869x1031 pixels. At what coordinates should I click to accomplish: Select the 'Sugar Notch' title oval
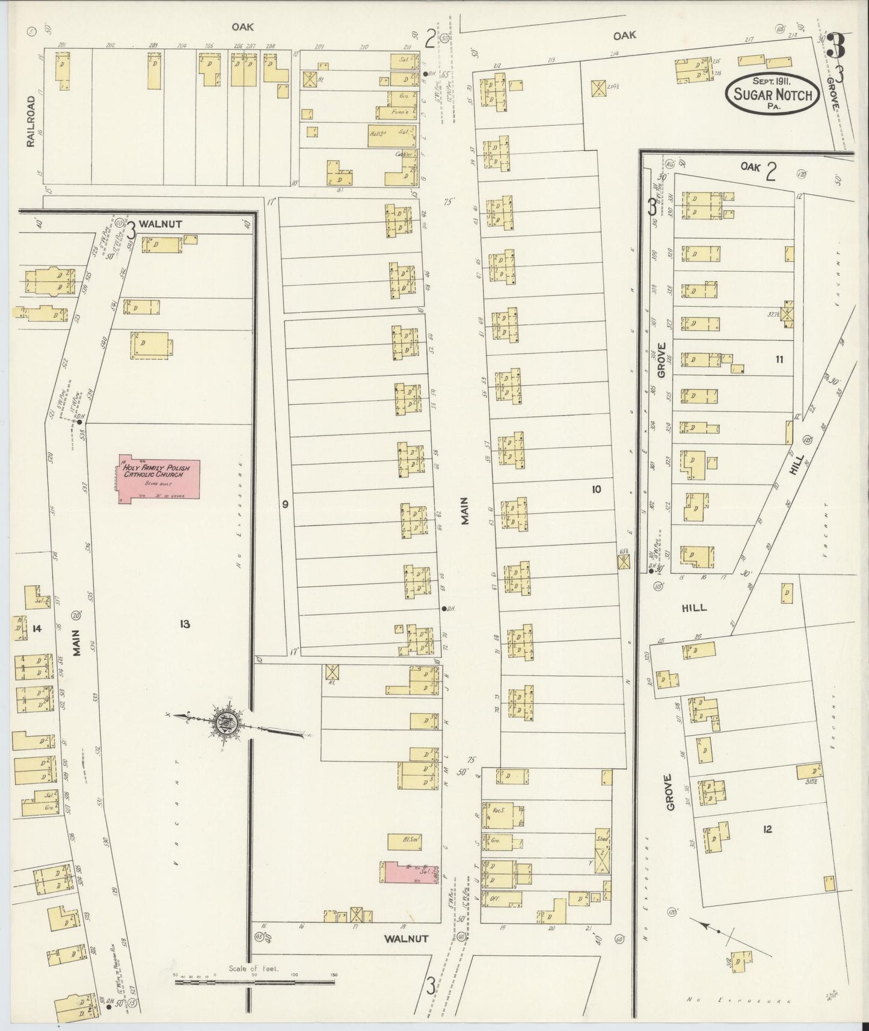coord(772,95)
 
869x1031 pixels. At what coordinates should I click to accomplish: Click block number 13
coord(185,624)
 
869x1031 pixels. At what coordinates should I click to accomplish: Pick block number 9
coord(285,504)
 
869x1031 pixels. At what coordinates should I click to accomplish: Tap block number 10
coord(595,490)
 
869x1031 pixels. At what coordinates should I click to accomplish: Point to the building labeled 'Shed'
coord(603,839)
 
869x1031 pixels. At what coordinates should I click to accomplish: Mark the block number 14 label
coord(37,629)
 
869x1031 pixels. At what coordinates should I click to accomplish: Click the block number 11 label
coord(779,360)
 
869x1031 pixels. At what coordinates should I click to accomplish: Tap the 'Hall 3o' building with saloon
coord(391,136)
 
